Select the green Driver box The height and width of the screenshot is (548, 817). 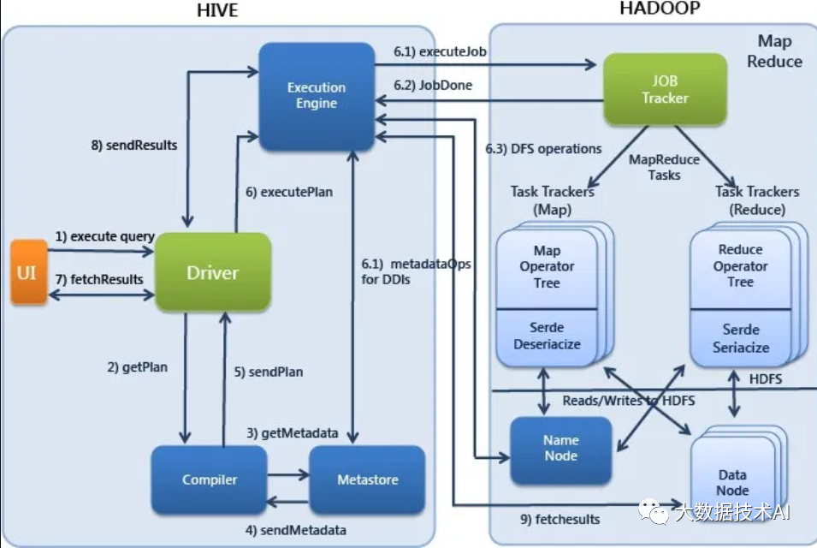click(212, 272)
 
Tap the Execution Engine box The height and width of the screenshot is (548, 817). click(316, 95)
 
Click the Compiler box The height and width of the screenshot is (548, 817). click(209, 479)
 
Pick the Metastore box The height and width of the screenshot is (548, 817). click(366, 479)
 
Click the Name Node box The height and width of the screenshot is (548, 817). click(560, 448)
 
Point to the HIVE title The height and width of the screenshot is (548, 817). click(216, 11)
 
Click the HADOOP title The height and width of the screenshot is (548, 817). click(659, 9)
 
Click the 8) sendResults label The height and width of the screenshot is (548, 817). click(133, 145)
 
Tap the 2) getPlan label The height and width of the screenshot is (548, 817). click(137, 367)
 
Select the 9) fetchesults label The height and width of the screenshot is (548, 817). click(559, 519)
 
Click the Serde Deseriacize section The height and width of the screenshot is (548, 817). click(547, 336)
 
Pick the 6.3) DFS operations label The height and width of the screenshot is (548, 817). click(543, 148)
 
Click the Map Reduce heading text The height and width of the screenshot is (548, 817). click(773, 51)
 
